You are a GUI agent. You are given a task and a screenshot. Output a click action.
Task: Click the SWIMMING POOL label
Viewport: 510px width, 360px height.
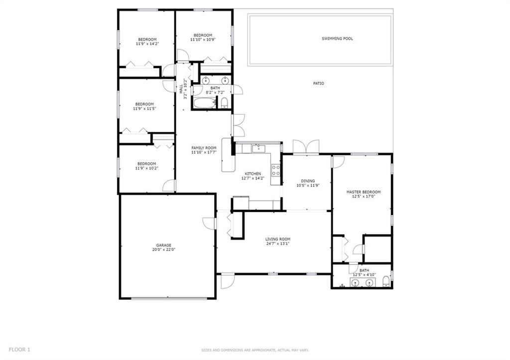[337, 38]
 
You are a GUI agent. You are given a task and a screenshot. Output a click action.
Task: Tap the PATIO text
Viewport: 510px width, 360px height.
[318, 83]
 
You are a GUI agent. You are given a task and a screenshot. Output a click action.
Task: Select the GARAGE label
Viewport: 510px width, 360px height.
[163, 245]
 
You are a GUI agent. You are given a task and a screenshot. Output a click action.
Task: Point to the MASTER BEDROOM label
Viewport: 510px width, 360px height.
[363, 192]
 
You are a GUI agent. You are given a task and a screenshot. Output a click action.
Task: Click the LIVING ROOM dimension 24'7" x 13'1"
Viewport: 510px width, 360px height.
[278, 243]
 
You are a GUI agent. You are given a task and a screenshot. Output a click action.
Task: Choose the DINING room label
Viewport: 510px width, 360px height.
[308, 181]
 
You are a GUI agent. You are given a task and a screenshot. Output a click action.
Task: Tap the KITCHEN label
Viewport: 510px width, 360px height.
[253, 174]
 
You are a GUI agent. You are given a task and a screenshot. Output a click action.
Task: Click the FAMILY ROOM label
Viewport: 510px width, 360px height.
[204, 148]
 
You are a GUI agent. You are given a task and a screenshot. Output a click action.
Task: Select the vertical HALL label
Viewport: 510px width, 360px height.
[181, 89]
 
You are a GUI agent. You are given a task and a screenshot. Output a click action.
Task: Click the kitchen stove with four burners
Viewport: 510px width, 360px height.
[276, 170]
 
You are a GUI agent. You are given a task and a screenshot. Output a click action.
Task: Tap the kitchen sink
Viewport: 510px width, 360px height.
[258, 149]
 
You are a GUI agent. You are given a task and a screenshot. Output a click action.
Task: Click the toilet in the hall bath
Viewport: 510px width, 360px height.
[224, 103]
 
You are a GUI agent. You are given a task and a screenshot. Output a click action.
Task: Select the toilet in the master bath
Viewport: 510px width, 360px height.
[386, 281]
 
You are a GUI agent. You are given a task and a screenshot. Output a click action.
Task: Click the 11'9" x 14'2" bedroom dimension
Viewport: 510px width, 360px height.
[147, 44]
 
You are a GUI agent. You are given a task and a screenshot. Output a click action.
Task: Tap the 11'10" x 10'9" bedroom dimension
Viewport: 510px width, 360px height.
[203, 39]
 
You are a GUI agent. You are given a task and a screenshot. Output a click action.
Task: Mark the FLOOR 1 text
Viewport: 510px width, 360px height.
[19, 350]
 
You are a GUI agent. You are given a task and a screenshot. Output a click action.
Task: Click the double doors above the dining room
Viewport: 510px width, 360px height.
[306, 147]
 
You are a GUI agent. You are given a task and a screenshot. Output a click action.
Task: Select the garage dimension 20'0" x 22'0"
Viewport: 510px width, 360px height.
[163, 250]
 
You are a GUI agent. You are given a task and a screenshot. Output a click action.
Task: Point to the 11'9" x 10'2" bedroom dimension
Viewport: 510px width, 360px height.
[147, 168]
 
